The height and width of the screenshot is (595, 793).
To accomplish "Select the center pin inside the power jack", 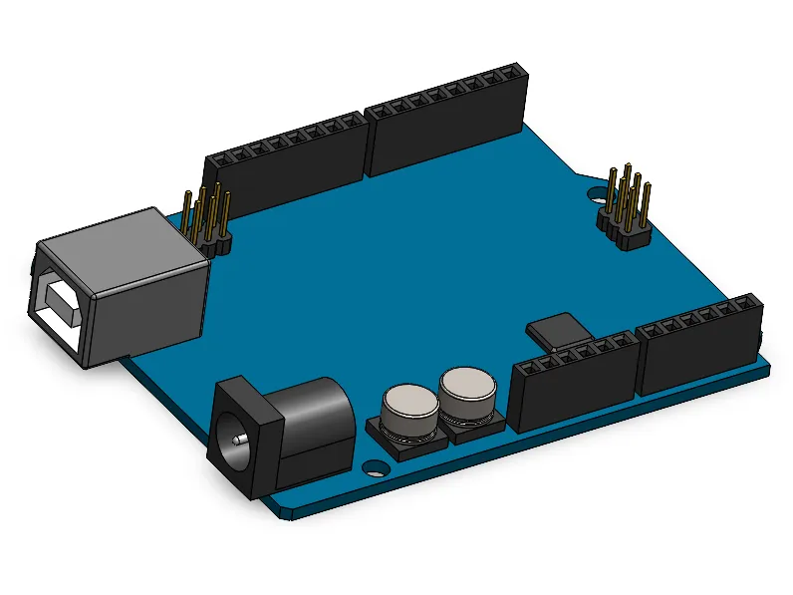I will [x=236, y=436].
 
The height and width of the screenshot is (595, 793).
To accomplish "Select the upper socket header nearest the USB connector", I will [x=284, y=164].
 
